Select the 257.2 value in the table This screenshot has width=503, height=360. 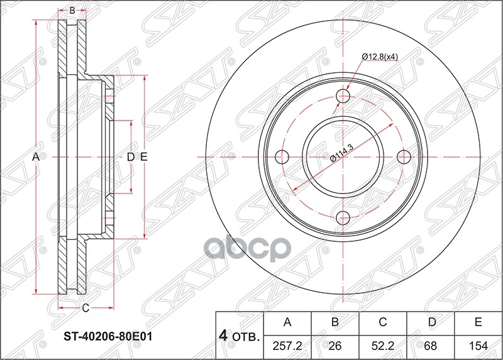pos(287,345)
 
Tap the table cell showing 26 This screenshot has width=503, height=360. pos(335,345)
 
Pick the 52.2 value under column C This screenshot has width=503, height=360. pos(382,345)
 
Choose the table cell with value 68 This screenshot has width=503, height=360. pos(430,345)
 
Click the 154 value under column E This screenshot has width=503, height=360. pos(478,345)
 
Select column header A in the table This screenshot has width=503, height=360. pos(287,323)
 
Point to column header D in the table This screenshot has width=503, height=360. pos(430,323)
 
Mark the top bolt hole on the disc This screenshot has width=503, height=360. pos(343,96)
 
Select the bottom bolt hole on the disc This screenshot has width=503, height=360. pos(343,217)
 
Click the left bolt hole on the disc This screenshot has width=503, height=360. pos(282,156)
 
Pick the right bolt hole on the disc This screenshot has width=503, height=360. pos(403,156)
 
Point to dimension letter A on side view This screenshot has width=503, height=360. pos(36,156)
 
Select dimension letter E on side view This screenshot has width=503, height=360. pos(144,156)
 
